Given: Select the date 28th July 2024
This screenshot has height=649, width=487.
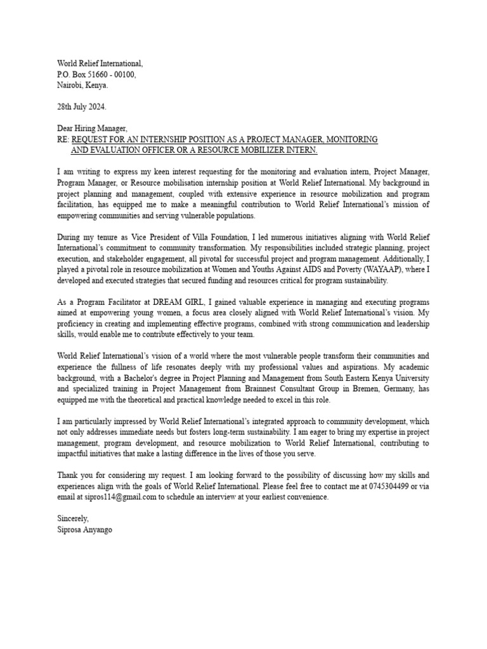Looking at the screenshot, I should pos(82,106).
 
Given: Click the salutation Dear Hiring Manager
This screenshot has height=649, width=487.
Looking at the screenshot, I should pos(92,129).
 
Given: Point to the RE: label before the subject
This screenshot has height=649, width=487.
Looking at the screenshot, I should pos(63,139).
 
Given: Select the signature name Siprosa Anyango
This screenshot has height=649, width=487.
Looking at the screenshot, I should pos(84,530).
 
